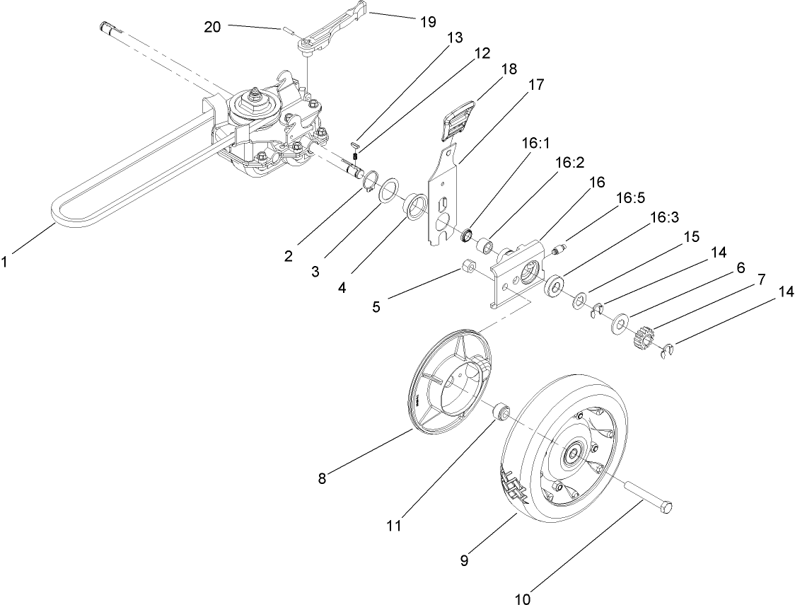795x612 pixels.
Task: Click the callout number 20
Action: tap(212, 27)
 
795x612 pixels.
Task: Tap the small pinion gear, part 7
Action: tap(643, 334)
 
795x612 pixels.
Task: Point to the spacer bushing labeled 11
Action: tap(501, 411)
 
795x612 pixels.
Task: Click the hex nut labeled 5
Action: tap(467, 267)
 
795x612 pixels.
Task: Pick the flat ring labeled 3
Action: tap(388, 192)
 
